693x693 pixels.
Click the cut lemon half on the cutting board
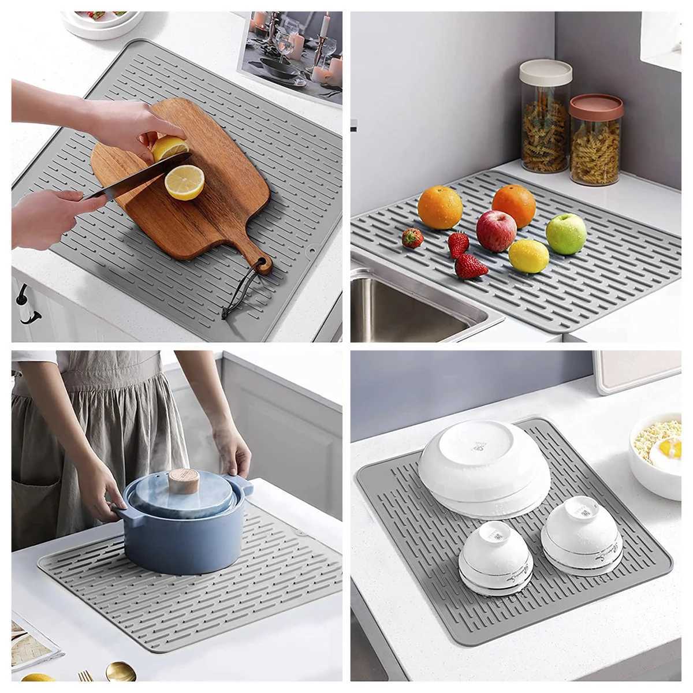click(x=184, y=182)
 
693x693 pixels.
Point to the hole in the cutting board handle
click(x=263, y=263)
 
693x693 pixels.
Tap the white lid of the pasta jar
click(x=545, y=72)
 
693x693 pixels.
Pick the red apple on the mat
click(x=497, y=230)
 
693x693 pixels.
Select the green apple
click(x=566, y=233)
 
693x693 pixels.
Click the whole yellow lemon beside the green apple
click(x=528, y=256)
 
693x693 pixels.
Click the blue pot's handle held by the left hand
click(x=122, y=513)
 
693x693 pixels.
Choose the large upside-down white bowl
click(x=483, y=468)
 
